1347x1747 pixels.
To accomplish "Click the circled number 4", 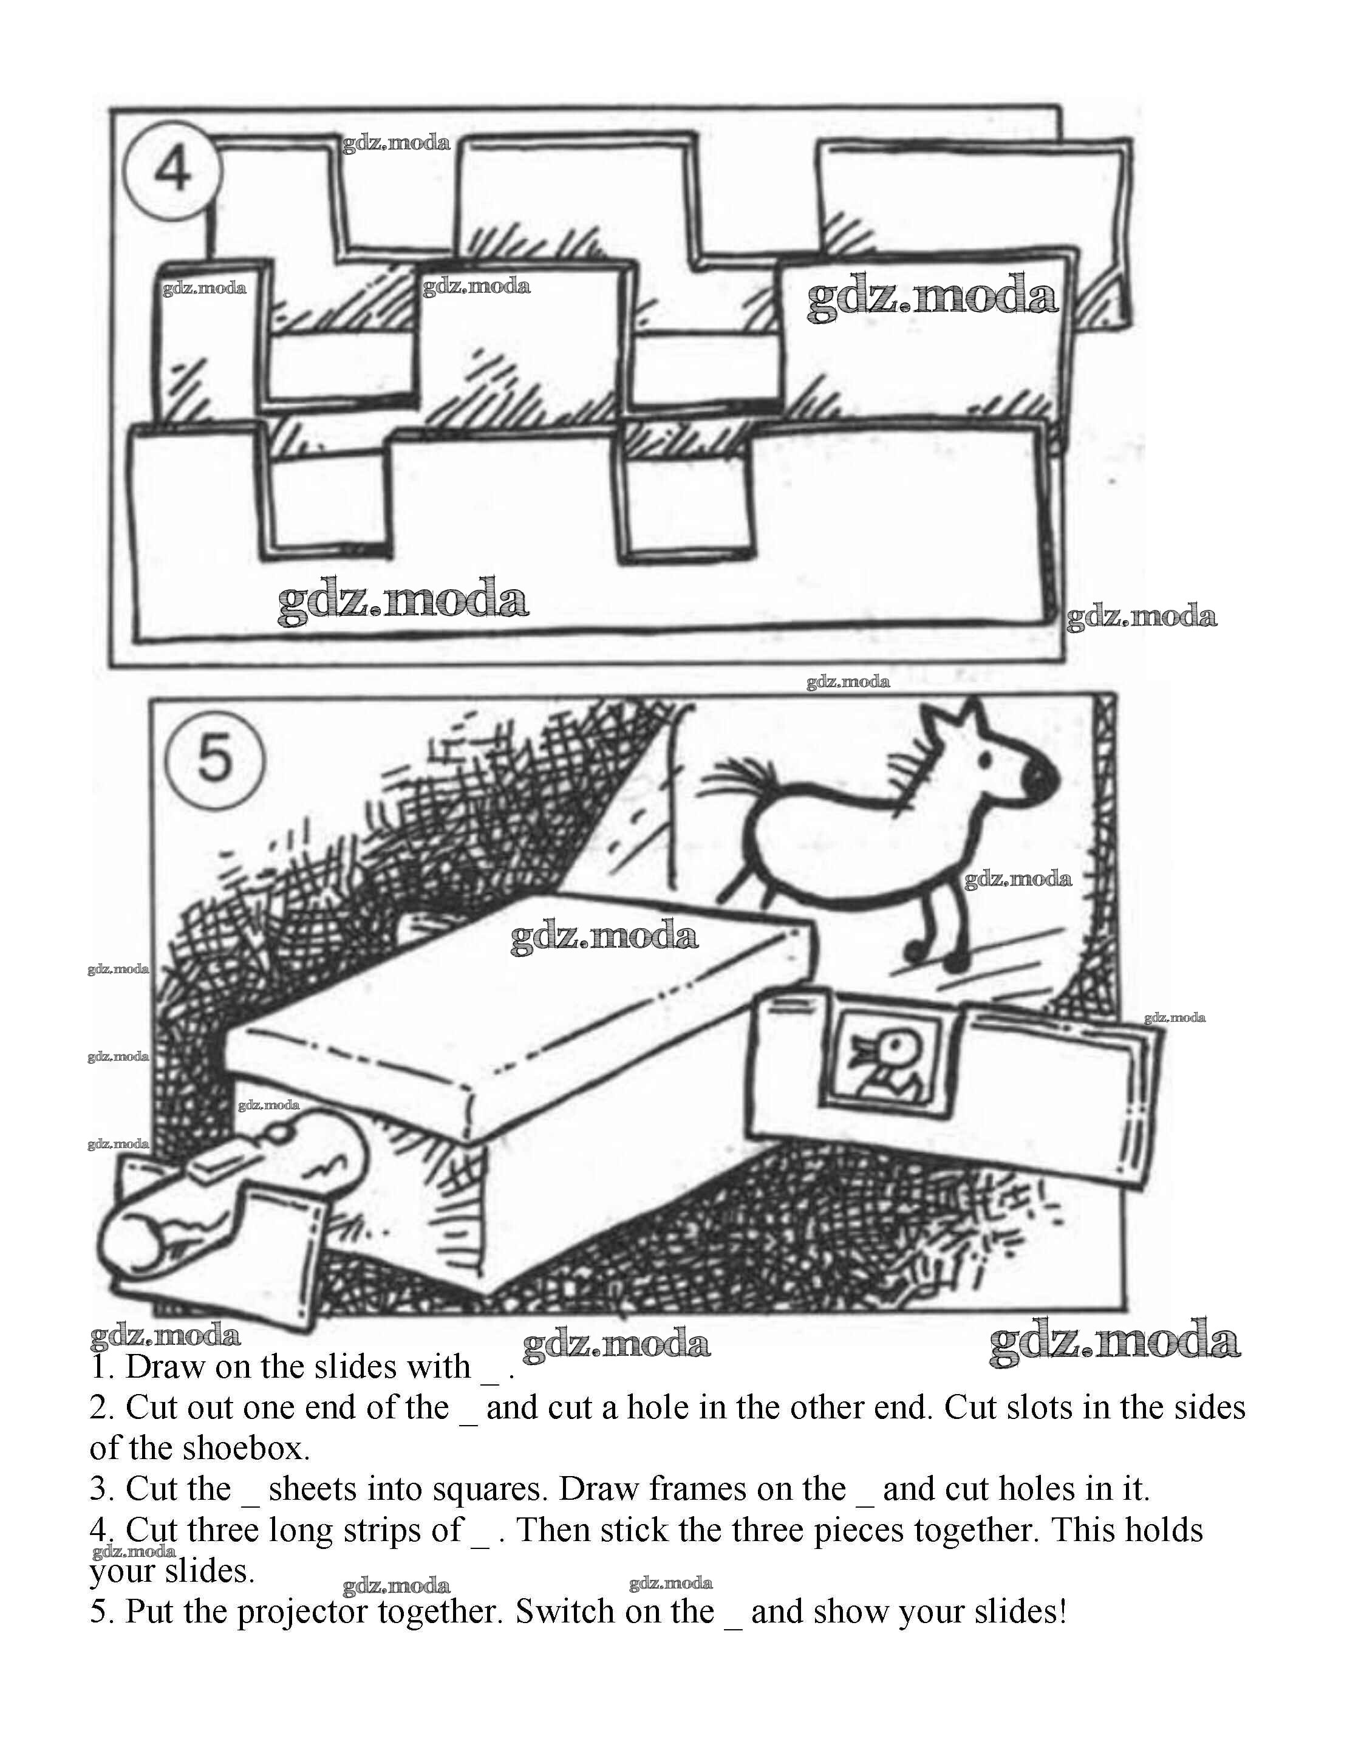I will pos(172,170).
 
